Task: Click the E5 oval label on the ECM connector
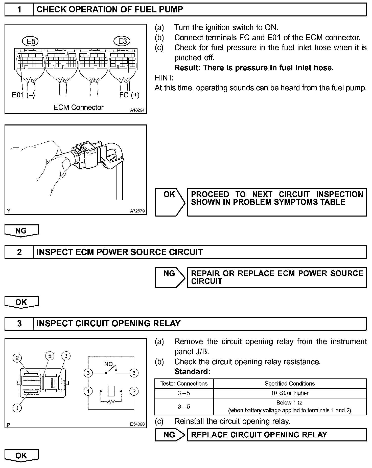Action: pos(31,41)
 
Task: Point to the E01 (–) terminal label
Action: pos(24,95)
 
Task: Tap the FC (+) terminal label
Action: pos(129,95)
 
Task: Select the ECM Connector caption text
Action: pos(78,108)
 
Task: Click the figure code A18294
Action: pos(137,110)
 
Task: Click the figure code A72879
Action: pos(137,211)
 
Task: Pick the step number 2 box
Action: pos(19,252)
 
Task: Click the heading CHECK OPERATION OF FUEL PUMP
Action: pos(110,10)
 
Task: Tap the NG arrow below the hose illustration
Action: pos(21,231)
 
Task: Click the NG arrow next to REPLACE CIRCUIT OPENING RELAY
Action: pos(170,435)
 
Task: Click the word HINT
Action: pos(164,78)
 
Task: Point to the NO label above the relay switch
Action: pos(108,364)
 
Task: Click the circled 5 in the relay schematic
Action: pos(134,373)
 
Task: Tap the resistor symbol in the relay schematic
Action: pos(111,401)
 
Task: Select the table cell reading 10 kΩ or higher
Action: pos(290,393)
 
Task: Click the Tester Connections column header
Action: pos(184,384)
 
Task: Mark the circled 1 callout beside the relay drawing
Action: pos(17,408)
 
